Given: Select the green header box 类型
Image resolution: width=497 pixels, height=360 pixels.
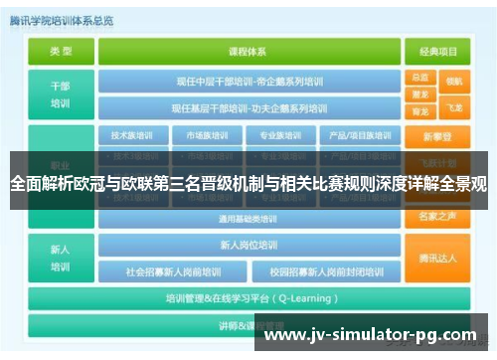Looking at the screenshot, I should point(61,51).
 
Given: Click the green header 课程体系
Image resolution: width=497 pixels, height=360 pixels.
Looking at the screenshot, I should point(250,51).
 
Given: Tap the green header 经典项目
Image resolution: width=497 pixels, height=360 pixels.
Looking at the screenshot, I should point(438,51).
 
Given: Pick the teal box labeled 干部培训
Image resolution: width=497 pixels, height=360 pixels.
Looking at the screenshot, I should point(61,93).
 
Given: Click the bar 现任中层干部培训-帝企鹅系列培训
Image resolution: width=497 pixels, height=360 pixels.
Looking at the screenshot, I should point(250,82).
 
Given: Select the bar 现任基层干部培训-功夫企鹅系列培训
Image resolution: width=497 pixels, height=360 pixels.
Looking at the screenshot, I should point(250,106).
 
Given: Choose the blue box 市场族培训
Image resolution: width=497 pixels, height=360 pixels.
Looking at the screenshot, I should point(204,135).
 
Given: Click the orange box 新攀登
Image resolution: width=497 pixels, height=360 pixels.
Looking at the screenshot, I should point(438,135).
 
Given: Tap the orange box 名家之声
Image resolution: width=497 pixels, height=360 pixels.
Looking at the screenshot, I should point(438,215).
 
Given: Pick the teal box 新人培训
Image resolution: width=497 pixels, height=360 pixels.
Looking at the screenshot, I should point(61,258).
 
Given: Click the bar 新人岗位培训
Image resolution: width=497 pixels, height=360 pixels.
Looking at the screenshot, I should point(250,245).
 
